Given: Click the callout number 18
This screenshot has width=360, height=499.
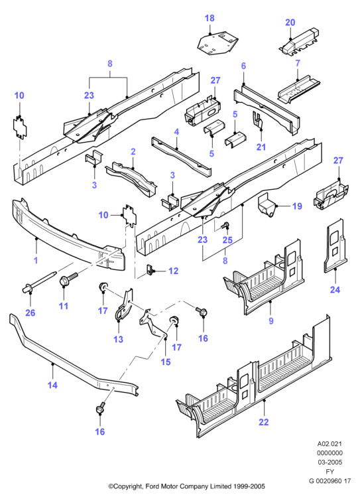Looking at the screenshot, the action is (x=210, y=18).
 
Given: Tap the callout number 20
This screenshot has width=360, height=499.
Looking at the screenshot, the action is (x=290, y=23).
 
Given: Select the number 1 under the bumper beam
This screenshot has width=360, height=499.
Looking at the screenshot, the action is (x=36, y=260).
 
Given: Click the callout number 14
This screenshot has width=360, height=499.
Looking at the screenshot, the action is (x=52, y=385).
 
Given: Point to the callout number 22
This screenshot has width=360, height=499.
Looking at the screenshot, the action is (x=264, y=422).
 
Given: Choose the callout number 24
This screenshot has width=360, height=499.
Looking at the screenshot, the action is (x=335, y=289).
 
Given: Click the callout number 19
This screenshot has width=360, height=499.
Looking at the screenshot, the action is (x=297, y=206).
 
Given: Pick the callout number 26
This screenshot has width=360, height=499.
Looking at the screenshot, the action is (x=30, y=313).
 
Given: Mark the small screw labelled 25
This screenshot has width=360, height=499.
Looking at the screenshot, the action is (x=226, y=225).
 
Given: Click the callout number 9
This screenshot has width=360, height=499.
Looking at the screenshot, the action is (x=271, y=321).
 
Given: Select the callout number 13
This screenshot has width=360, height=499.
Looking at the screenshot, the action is (x=118, y=339).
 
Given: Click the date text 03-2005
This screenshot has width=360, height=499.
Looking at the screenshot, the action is (x=330, y=462).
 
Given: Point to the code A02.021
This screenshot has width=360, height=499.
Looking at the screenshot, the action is (x=330, y=444).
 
